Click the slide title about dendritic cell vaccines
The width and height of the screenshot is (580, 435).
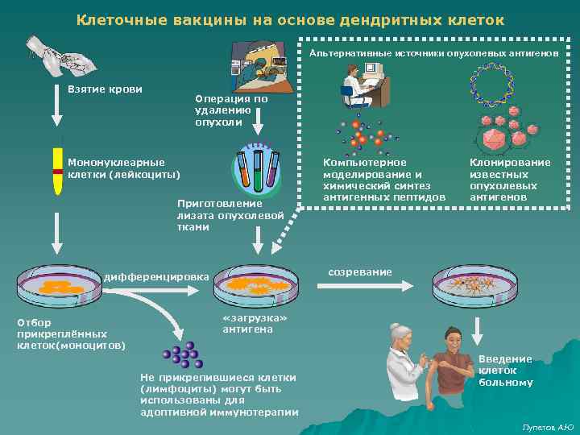(x=290, y=19)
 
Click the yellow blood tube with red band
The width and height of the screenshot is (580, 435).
(x=58, y=170)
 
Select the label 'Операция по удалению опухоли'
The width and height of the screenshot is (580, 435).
(x=231, y=110)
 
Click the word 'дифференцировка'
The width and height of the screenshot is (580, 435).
(x=155, y=277)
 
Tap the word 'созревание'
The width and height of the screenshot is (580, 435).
(x=360, y=272)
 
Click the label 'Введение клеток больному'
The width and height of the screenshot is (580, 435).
(x=505, y=371)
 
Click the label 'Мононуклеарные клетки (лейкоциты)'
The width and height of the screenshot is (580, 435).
(x=123, y=168)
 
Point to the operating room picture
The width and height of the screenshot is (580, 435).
(x=258, y=64)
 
